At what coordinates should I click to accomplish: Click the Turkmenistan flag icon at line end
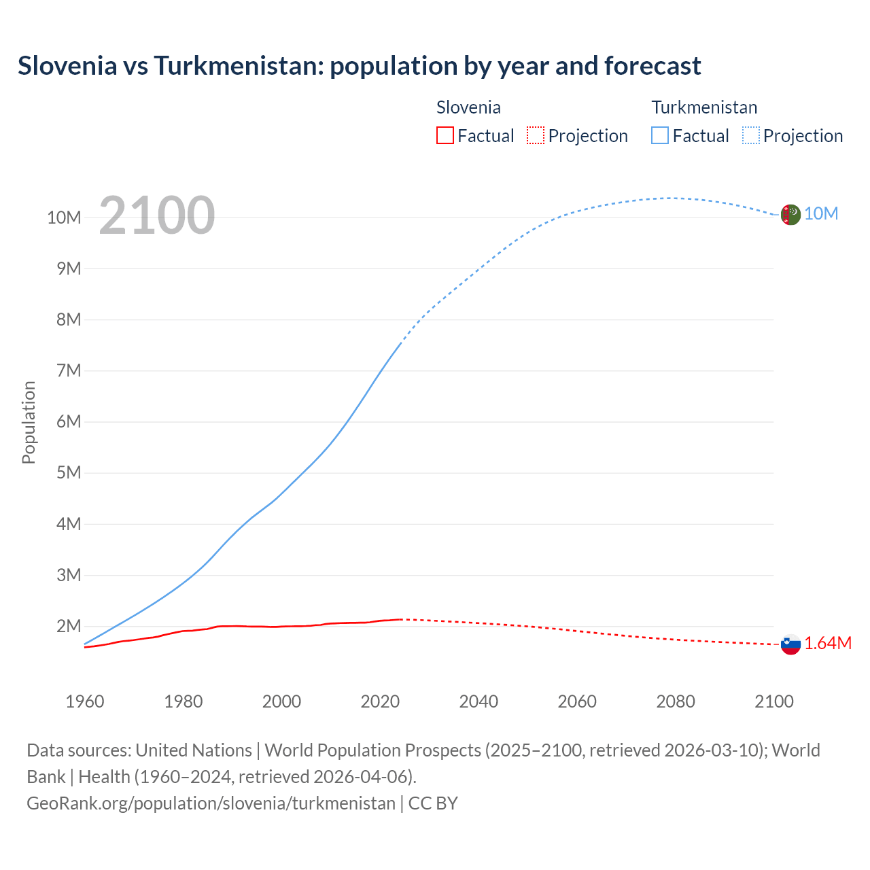click(790, 215)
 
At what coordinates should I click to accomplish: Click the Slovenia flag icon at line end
click(790, 644)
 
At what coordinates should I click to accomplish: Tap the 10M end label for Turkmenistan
click(821, 214)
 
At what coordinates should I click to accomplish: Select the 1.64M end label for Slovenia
click(828, 644)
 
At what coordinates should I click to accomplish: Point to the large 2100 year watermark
click(157, 216)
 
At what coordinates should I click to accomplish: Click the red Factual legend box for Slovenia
click(445, 136)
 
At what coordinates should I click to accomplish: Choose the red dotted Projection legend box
click(536, 136)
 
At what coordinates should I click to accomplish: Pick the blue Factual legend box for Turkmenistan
click(659, 136)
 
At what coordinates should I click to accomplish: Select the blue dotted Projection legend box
click(750, 136)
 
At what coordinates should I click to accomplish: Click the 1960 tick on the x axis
click(85, 701)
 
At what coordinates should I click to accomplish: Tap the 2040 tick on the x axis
click(478, 701)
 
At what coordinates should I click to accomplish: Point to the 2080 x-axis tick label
click(676, 701)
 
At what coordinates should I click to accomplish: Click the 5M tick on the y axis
click(69, 473)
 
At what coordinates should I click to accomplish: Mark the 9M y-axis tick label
click(69, 268)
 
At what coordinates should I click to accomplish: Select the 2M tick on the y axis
click(69, 626)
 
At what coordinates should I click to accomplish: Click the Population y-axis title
click(29, 422)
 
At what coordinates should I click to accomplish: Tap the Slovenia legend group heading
click(468, 107)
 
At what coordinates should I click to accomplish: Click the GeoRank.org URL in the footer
click(211, 803)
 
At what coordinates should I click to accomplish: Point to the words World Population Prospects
click(372, 750)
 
